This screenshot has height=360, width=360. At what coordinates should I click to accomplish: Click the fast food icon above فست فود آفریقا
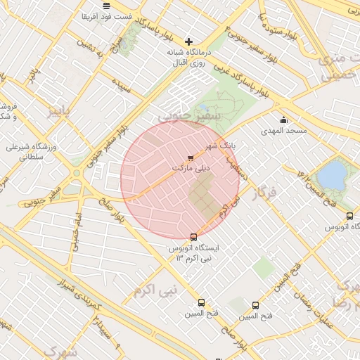click(105, 5)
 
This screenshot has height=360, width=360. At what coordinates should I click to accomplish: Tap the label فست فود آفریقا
click(105, 15)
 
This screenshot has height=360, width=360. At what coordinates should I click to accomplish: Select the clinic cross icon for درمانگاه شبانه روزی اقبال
click(188, 41)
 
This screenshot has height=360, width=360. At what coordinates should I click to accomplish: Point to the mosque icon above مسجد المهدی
click(283, 120)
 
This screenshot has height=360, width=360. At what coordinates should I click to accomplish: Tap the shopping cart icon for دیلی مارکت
click(191, 157)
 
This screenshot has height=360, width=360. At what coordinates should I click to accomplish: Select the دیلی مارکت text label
click(191, 169)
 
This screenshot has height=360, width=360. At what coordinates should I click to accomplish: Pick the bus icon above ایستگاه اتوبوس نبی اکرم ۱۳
click(194, 237)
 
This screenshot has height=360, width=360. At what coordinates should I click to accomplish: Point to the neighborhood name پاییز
click(59, 111)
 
